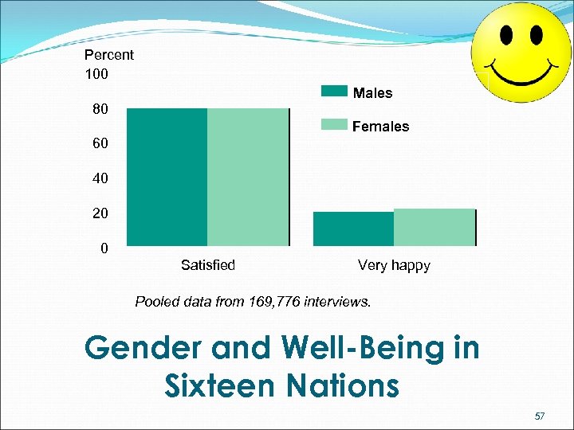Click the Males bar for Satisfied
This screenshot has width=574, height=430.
[x=167, y=176]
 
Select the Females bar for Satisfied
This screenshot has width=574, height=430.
[x=248, y=176]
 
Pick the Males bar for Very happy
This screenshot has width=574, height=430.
[x=353, y=229]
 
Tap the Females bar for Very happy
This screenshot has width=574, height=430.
[x=434, y=227]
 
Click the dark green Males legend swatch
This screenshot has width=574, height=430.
[x=334, y=91]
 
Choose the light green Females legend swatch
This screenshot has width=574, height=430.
[x=334, y=124]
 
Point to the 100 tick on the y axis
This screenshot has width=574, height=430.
[x=96, y=74]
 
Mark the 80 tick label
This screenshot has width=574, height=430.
[x=99, y=108]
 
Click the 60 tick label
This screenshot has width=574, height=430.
[x=99, y=144]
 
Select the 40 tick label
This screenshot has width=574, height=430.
[x=99, y=179]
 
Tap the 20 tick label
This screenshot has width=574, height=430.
[x=99, y=214]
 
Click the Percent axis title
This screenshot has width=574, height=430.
[x=109, y=55]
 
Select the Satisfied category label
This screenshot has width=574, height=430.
[x=208, y=265]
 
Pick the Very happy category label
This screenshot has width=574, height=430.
[x=394, y=265]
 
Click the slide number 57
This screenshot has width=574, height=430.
[x=540, y=416]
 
